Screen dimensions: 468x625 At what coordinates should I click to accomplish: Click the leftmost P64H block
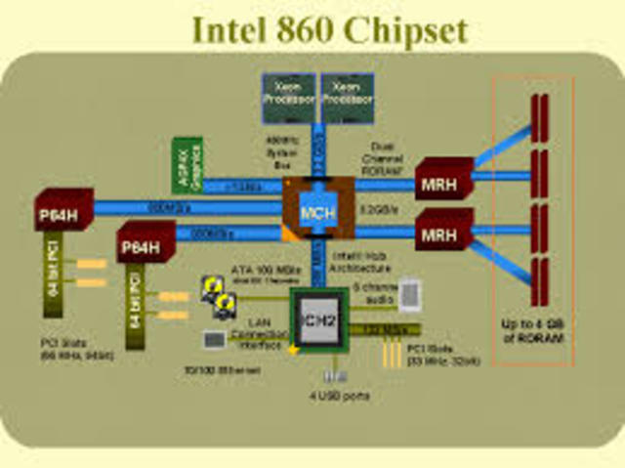point(63,209)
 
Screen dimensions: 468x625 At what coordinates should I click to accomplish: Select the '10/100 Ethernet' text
point(218,370)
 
